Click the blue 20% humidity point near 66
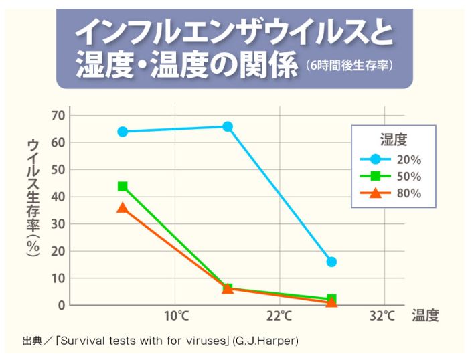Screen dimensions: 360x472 [228, 126]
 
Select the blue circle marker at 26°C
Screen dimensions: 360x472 [331, 262]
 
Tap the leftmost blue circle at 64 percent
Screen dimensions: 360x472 [123, 132]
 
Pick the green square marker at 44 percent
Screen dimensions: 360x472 [123, 186]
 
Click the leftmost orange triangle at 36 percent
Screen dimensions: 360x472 [123, 208]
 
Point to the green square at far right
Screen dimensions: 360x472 [331, 299]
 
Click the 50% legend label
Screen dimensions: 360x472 [408, 177]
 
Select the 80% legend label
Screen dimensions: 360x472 [408, 194]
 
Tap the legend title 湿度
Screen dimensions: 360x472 [394, 140]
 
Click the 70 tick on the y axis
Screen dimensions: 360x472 [57, 115]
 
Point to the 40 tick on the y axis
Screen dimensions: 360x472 [57, 197]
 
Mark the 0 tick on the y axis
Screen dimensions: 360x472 [61, 305]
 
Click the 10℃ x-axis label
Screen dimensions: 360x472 [175, 315]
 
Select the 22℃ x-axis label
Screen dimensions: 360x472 [279, 315]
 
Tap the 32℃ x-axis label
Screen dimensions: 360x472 [383, 315]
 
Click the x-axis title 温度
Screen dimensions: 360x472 [426, 316]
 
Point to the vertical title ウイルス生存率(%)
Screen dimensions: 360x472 [33, 197]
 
